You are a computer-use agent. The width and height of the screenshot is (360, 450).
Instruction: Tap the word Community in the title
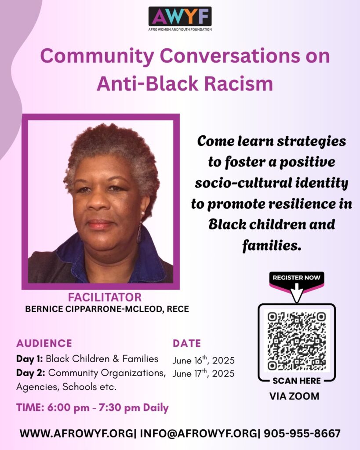pyautogui.click(x=97, y=56)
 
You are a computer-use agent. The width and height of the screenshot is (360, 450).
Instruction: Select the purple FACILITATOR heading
pyautogui.click(x=105, y=298)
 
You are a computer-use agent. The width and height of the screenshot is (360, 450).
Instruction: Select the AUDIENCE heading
pyautogui.click(x=44, y=343)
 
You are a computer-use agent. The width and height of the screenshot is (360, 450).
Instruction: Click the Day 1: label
pyautogui.click(x=29, y=359)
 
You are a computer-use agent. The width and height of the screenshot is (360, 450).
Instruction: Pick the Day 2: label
pyautogui.click(x=31, y=373)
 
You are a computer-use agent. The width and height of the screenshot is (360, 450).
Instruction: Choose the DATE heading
pyautogui.click(x=187, y=343)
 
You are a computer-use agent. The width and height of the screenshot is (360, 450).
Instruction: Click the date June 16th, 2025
pyautogui.click(x=204, y=360)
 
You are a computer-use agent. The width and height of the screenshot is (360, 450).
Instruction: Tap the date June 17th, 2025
pyautogui.click(x=204, y=373)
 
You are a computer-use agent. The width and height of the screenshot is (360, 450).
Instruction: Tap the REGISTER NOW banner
pyautogui.click(x=297, y=278)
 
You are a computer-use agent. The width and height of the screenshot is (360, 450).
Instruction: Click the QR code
pyautogui.click(x=297, y=341)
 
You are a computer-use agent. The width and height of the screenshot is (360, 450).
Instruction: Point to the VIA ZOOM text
pyautogui.click(x=294, y=396)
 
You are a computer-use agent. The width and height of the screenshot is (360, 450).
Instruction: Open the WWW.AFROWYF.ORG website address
pyautogui.click(x=76, y=433)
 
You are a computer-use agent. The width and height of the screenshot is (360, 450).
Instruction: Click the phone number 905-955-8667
pyautogui.click(x=302, y=433)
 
